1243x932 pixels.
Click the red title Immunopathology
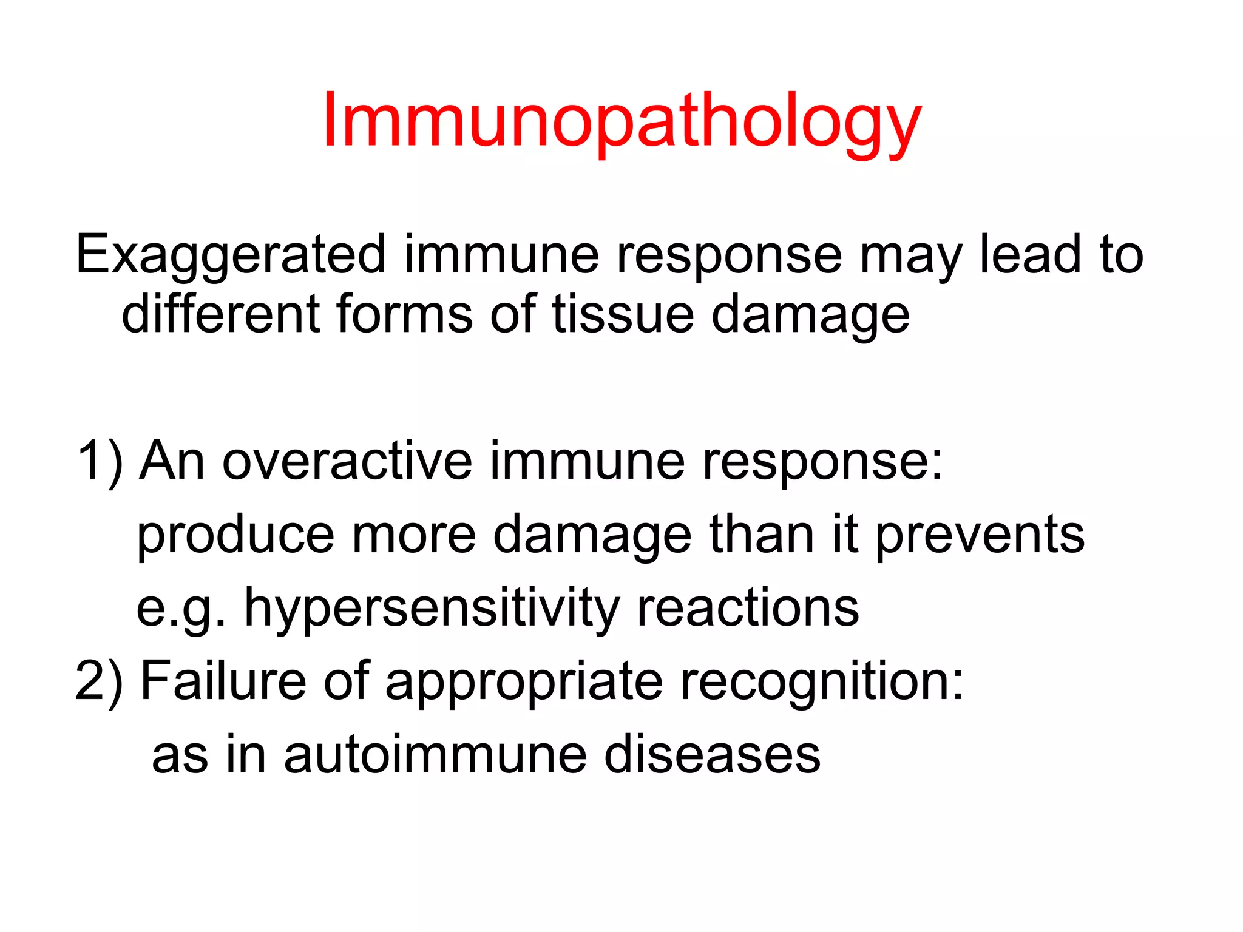click(x=621, y=121)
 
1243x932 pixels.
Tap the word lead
click(x=1031, y=255)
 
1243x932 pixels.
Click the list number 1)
click(x=100, y=461)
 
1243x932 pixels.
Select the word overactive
click(x=347, y=461)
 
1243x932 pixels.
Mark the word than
click(x=762, y=534)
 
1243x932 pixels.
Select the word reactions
click(x=748, y=608)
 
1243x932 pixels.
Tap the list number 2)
click(x=99, y=681)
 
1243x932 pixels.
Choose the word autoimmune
click(x=435, y=755)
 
